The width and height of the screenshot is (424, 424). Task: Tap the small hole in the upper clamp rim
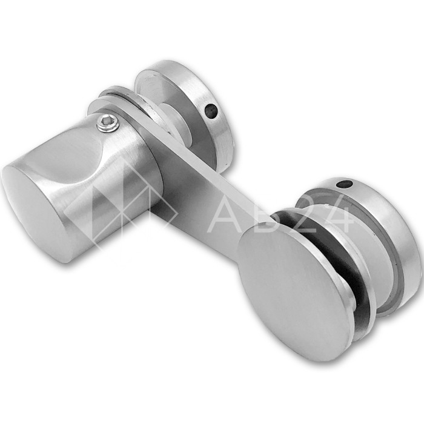211,110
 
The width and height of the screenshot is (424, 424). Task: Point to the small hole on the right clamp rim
344,185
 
